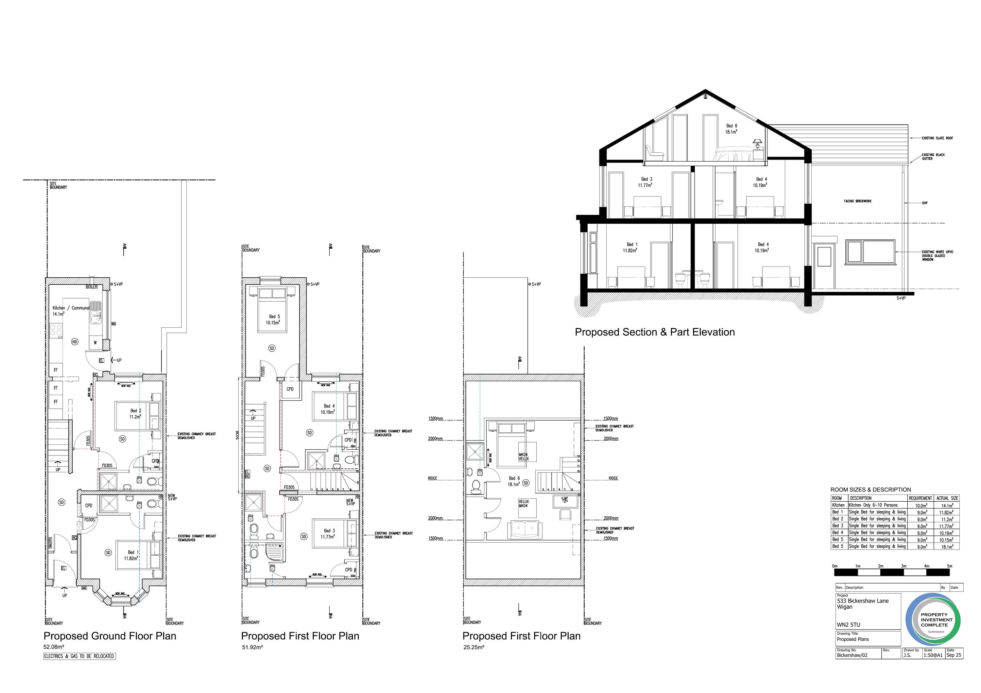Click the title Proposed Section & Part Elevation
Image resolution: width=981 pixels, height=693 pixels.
(655, 332)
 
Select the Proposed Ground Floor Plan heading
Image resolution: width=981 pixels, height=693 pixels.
(110, 636)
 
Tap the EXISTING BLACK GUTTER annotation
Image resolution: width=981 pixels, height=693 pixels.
(933, 156)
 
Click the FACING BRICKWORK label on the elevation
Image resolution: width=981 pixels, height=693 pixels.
(857, 201)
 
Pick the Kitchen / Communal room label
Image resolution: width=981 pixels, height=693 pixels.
(71, 308)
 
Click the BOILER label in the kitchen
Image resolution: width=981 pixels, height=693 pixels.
(92, 287)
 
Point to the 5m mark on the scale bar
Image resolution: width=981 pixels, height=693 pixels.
(949, 566)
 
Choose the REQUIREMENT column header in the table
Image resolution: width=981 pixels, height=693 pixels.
(920, 498)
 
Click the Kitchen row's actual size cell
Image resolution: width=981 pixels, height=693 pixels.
(947, 505)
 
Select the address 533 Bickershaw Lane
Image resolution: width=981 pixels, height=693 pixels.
(863, 601)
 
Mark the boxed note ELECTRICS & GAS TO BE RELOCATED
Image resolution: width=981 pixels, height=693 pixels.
(79, 656)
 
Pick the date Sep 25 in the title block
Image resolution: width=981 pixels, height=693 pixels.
(954, 655)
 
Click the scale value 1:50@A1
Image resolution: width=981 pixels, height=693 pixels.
(933, 655)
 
